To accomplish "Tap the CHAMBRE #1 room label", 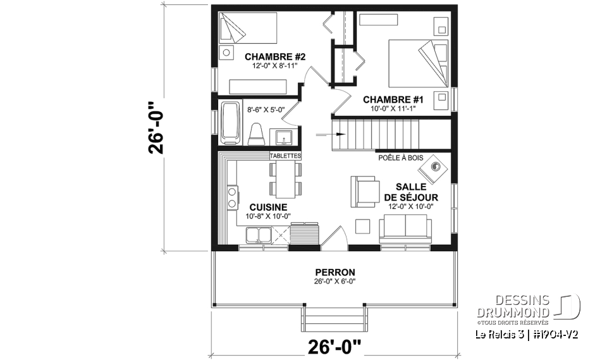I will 392,99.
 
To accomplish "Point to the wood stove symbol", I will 435,167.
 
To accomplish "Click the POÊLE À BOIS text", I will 400,158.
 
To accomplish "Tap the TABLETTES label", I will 285,156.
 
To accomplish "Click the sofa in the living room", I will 403,229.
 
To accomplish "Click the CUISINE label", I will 268,207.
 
